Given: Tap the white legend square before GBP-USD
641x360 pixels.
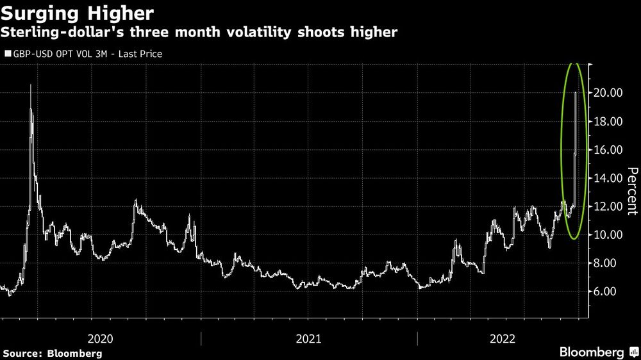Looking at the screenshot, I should pyautogui.click(x=8, y=54).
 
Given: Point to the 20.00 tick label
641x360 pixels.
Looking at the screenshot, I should pyautogui.click(x=606, y=93).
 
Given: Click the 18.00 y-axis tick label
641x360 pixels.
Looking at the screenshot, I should pyautogui.click(x=606, y=122).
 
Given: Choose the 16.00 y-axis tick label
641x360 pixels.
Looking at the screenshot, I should pyautogui.click(x=606, y=150).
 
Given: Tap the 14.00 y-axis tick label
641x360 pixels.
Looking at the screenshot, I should pyautogui.click(x=606, y=178).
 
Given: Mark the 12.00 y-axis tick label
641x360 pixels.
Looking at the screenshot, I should pyautogui.click(x=606, y=206).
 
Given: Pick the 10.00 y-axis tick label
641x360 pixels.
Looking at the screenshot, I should pyautogui.click(x=606, y=234).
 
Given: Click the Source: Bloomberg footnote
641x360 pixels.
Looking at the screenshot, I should pyautogui.click(x=53, y=353).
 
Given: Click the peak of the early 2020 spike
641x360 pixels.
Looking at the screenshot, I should pyautogui.click(x=31, y=85).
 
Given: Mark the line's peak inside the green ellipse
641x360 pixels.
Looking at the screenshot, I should pyautogui.click(x=576, y=93).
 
